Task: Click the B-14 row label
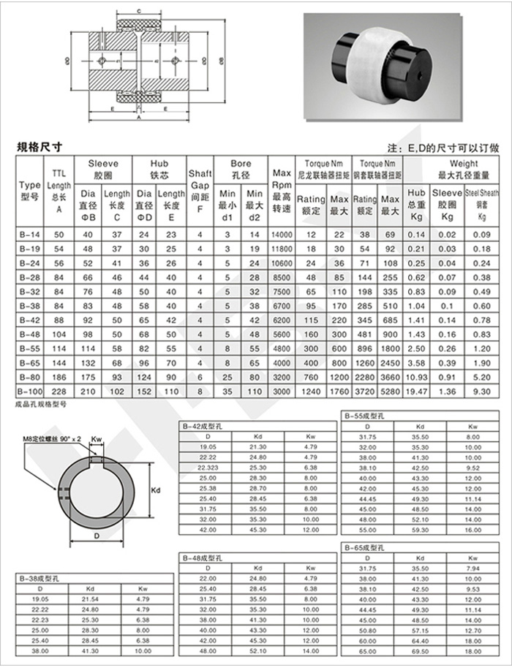tap(30, 235)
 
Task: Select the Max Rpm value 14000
tap(282, 235)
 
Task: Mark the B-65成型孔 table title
tap(361, 547)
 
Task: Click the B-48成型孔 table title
tap(202, 557)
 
